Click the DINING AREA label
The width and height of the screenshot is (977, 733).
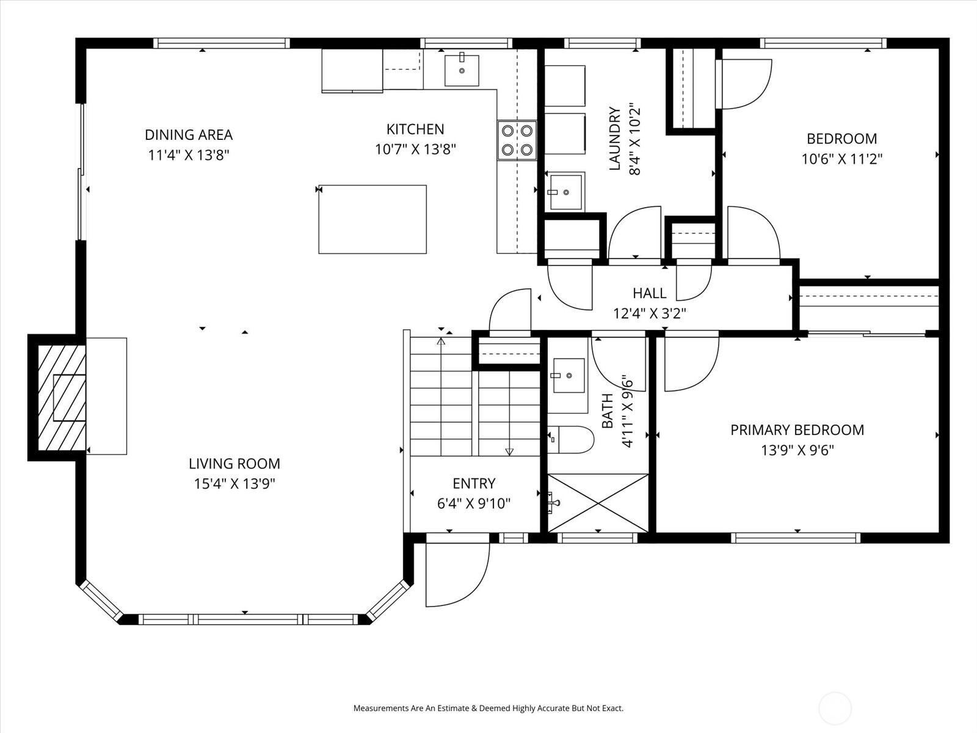(188, 134)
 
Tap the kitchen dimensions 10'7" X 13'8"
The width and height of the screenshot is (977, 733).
(415, 149)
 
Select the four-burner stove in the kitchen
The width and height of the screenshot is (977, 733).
(517, 140)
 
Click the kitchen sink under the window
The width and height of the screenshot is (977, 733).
(461, 70)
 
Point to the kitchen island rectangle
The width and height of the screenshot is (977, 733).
(372, 219)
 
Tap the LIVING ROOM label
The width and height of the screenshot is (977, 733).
(234, 464)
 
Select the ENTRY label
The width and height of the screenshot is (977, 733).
(474, 483)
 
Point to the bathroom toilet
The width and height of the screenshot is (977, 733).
(571, 439)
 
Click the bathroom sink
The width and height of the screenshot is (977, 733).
(568, 376)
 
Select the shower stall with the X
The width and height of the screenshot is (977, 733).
(598, 503)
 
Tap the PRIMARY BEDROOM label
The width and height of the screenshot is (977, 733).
(797, 430)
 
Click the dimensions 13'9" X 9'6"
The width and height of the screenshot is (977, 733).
(797, 451)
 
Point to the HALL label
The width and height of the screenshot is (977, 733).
(649, 293)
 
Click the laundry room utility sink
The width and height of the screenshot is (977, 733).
(565, 192)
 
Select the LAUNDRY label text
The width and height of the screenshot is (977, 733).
(615, 139)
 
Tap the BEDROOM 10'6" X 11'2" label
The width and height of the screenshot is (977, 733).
(841, 148)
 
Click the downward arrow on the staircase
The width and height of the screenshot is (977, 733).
(509, 451)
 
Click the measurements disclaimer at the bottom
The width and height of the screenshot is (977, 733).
(488, 709)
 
